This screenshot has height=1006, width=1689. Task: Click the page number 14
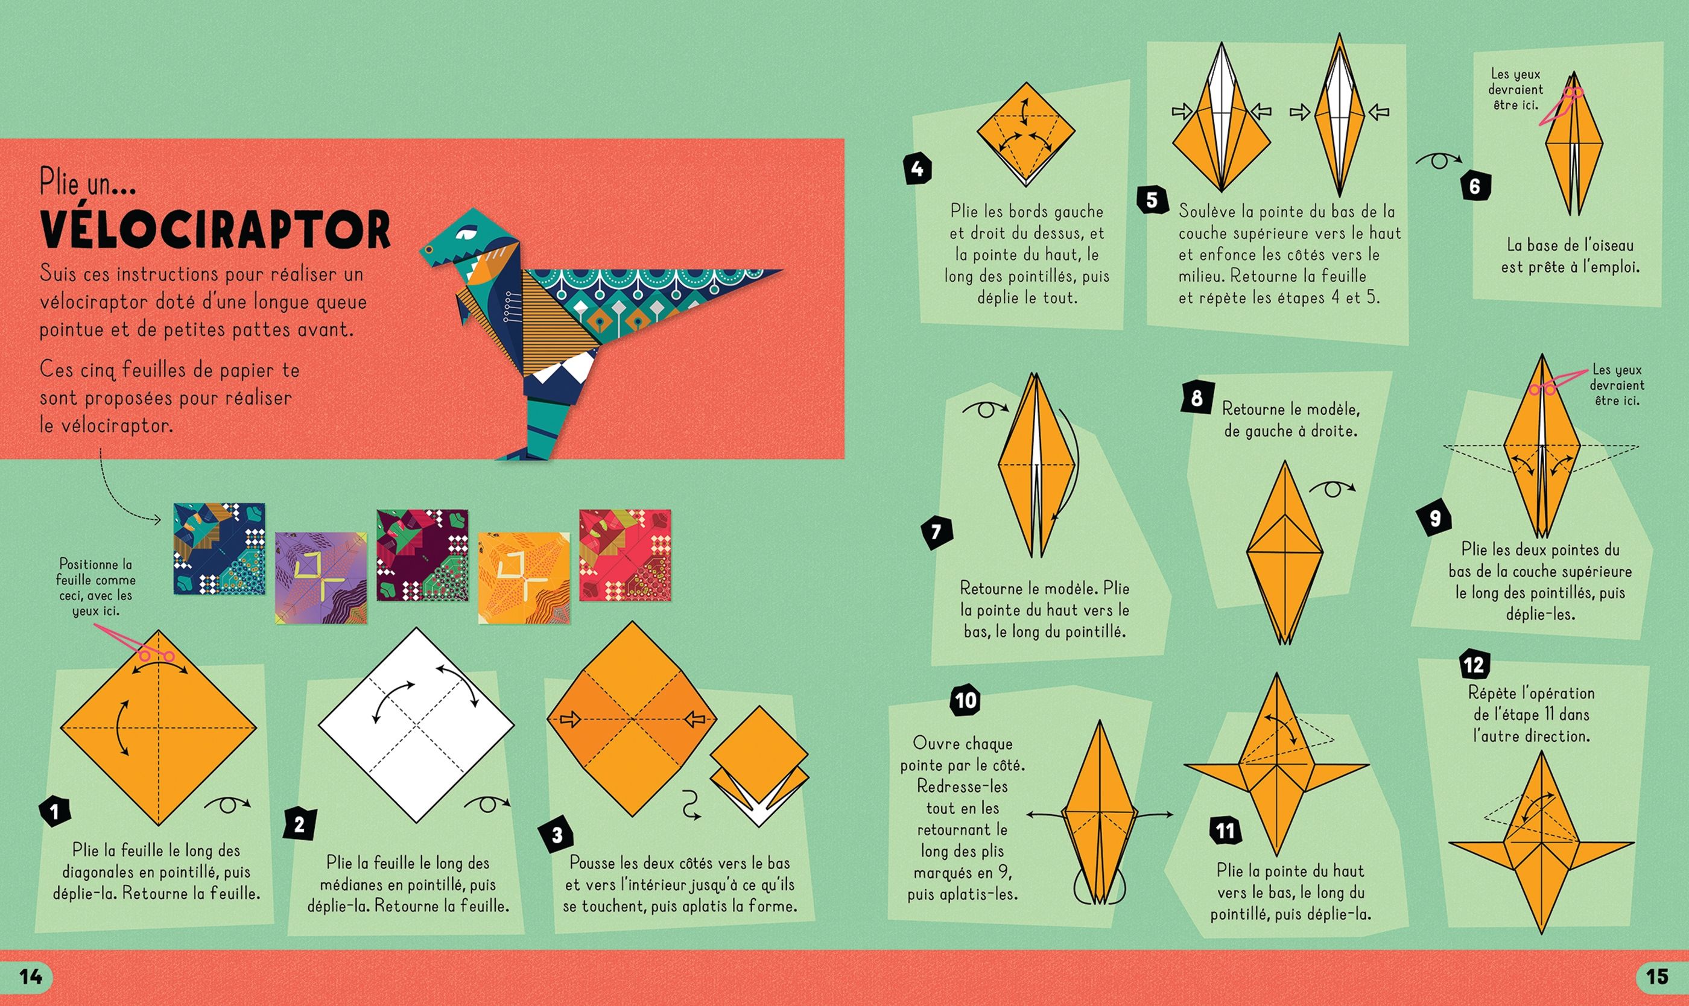[31, 976]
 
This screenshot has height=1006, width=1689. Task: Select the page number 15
[1657, 976]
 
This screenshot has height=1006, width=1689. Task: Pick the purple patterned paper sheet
[322, 578]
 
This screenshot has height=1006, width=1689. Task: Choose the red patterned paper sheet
[625, 555]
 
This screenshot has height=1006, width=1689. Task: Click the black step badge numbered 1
[55, 811]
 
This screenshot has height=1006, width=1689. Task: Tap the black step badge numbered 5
[1152, 200]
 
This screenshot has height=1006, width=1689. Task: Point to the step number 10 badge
[966, 700]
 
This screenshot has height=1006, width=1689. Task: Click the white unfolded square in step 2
[416, 725]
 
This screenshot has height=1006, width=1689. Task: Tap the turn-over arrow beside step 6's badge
[1437, 160]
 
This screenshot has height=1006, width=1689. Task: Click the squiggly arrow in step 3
[690, 805]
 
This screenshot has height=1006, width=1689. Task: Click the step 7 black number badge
[936, 532]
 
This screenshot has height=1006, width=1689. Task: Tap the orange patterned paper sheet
[524, 578]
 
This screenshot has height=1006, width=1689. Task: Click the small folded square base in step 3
[759, 766]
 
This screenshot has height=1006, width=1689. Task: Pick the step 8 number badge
[1197, 397]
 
